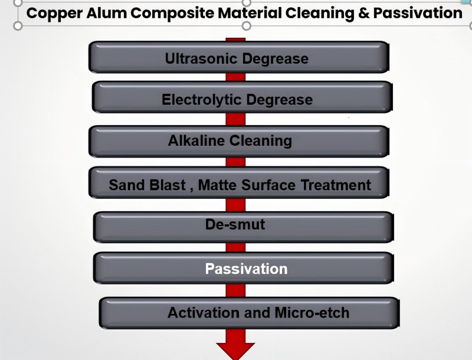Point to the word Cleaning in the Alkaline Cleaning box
(261, 141)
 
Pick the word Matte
(218, 185)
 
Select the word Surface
(268, 185)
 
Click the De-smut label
(235, 224)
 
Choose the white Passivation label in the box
(246, 269)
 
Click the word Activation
(204, 312)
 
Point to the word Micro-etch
(312, 312)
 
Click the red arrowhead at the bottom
(235, 351)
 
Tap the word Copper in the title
(54, 14)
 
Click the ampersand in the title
(364, 13)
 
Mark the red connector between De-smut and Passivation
(235, 247)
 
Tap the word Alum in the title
(107, 13)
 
